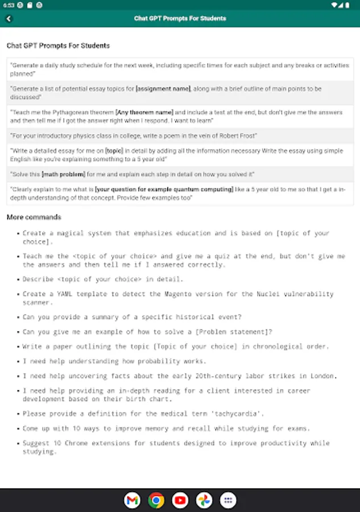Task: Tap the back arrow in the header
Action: tap(9, 18)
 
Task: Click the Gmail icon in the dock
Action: tap(132, 500)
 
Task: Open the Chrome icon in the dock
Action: tap(156, 500)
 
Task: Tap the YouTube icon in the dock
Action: tap(180, 500)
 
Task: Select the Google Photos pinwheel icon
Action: tap(204, 500)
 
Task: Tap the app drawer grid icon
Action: tap(228, 500)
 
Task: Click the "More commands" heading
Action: tap(34, 217)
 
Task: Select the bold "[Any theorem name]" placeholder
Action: tap(144, 113)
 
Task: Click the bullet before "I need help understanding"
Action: tap(18, 361)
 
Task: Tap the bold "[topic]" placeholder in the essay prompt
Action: tap(114, 151)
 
